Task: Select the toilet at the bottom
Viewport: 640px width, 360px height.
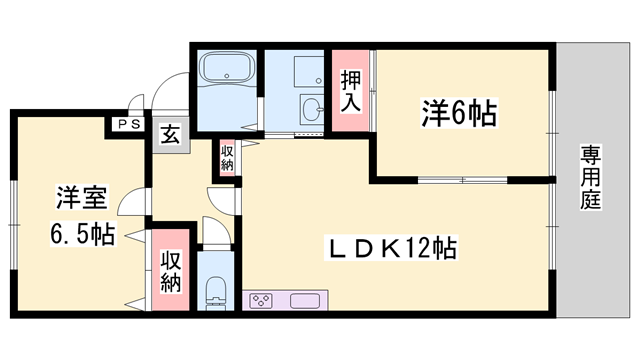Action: pyautogui.click(x=215, y=292)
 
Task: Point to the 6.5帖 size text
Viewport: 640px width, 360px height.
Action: pyautogui.click(x=81, y=236)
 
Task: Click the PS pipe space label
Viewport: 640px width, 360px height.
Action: pyautogui.click(x=126, y=124)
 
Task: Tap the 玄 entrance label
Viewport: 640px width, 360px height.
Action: pyautogui.click(x=170, y=132)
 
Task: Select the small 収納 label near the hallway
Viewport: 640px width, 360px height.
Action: pyautogui.click(x=227, y=158)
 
